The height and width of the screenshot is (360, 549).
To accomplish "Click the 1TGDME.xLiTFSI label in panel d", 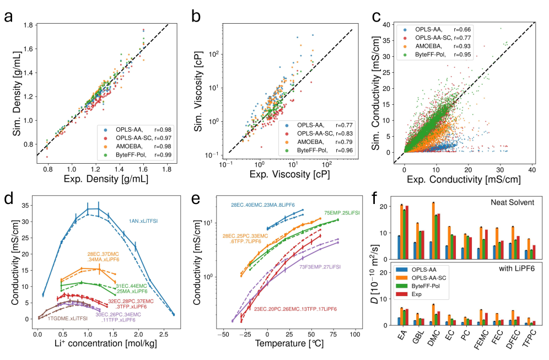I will click(67, 319).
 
